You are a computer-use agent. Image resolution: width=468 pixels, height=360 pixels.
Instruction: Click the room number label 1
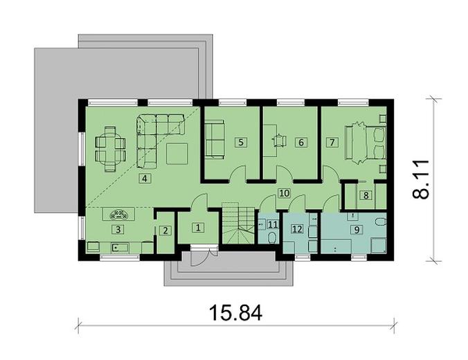197,227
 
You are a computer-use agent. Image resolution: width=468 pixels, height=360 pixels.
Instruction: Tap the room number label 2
164,231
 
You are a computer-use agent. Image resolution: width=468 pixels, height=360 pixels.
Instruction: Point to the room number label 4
144,179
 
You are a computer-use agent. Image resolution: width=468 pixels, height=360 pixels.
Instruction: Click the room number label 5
240,143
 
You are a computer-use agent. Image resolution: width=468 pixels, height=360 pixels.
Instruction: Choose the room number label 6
300,143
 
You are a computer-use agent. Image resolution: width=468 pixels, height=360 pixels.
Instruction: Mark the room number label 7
332,143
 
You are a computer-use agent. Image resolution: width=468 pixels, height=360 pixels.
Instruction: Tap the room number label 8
367,196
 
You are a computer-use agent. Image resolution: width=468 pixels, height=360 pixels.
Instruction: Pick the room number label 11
272,224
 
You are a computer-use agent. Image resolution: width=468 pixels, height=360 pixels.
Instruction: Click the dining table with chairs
110,147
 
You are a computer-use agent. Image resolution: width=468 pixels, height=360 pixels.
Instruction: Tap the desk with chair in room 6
279,141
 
